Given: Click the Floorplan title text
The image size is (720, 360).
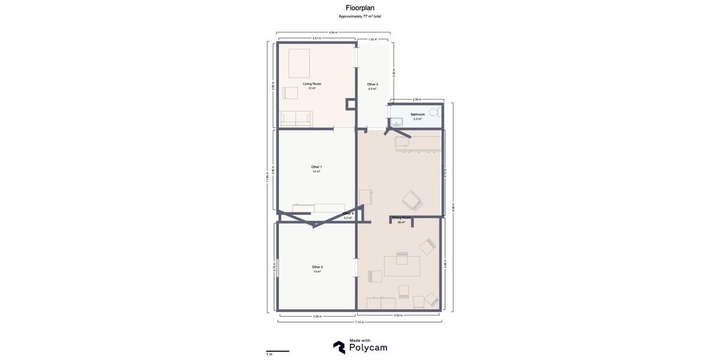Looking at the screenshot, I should coord(360,8).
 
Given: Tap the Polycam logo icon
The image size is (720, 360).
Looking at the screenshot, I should coord(339,347).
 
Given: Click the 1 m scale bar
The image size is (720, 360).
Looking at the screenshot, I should coord(278,351).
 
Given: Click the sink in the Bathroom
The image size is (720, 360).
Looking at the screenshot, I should coord(395,122).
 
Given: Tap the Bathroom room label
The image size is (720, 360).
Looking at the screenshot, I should coord(418,114).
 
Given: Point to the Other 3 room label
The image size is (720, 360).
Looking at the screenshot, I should coord(373,85).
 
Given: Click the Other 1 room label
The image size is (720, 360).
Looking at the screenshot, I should coord(316,167).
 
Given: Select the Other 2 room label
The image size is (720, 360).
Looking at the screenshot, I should coord(317,267).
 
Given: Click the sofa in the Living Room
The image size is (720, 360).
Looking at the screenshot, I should coord(296,119).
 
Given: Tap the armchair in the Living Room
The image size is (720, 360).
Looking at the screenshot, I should coord(290,93).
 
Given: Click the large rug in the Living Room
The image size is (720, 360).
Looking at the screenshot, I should coord(299,63).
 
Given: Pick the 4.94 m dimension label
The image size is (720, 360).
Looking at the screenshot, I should coord(333,32).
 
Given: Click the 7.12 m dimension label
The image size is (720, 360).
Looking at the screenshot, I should coord(359,322).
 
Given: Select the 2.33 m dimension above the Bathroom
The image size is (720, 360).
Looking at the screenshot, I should coord(416,100).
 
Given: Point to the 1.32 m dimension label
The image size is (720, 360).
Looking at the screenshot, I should coord(373,39).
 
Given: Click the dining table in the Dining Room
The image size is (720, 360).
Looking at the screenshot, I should coord(401,266).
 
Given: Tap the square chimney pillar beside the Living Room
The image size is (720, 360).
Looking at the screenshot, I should coord(351,104).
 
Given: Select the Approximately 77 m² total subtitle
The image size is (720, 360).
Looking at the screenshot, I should coord(360,16).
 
